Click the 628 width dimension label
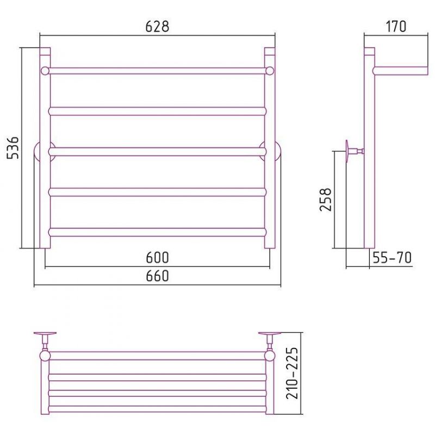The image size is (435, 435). (157, 27)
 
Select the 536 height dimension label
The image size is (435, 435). (13, 147)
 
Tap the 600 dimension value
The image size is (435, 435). (157, 257)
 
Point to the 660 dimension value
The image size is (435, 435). (157, 276)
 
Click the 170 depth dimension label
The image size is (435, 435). (396, 27)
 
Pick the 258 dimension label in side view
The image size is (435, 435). (325, 200)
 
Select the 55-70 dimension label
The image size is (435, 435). (392, 258)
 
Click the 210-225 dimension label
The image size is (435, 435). (292, 373)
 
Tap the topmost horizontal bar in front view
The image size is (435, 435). (157, 71)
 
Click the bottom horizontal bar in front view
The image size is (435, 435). (157, 232)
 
